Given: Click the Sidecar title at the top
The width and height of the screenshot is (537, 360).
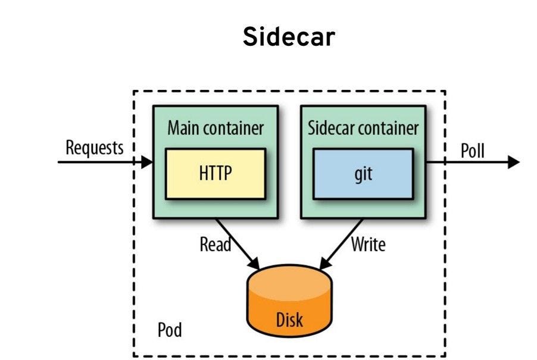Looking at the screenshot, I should (289, 38).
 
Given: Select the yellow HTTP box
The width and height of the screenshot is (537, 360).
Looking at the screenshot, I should (215, 174).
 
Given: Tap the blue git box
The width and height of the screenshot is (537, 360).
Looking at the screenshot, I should (363, 174).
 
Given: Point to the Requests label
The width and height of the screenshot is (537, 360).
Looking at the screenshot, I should (95, 148).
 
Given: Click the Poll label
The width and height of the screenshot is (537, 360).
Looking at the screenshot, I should (473, 151).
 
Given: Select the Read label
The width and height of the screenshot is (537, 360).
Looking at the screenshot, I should (215, 244).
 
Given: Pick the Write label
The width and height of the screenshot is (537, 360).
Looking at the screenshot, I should (368, 244).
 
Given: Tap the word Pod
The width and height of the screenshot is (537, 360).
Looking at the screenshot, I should (170, 330).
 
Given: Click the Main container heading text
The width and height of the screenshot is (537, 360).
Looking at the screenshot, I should (215, 128).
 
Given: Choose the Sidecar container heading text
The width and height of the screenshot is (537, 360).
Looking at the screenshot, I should (363, 128).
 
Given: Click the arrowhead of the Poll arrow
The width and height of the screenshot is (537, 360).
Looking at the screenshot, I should (514, 162).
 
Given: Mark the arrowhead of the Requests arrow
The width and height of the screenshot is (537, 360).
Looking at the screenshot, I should (147, 162).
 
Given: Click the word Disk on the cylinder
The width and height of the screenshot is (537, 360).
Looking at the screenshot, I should (289, 320).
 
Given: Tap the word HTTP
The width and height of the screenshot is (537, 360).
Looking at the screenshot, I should (215, 174).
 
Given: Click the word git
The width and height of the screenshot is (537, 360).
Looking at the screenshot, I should (363, 176).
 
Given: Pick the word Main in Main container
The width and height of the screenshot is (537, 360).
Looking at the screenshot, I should (183, 128).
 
